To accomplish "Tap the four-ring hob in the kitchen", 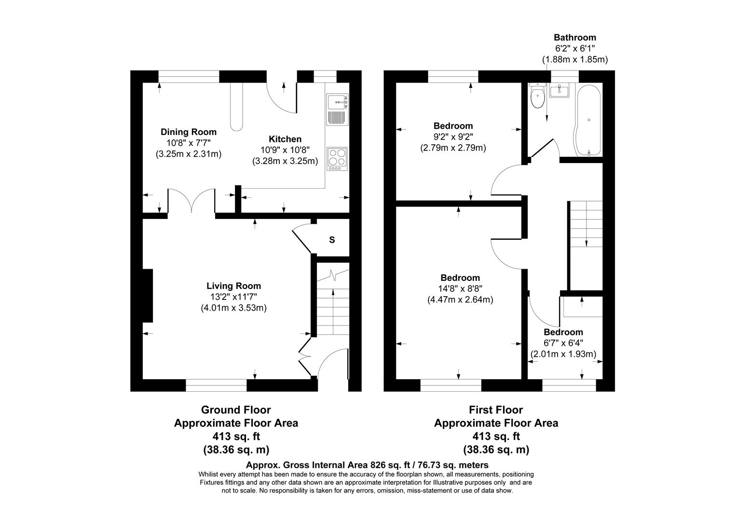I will pos(337,158).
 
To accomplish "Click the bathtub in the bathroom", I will pos(587,121).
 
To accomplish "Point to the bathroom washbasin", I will pos(560,90).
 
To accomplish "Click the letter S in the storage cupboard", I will pos(332,240).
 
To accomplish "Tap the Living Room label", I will pos(233,286).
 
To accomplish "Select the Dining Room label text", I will pos(188,132).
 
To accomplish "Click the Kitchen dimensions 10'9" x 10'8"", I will pos(285,150).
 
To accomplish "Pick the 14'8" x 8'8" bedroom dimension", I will pos(460,288).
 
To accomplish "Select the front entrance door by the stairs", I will pos(332,363).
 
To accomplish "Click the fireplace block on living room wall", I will pos(148,295).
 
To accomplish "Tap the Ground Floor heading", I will pos(236,410).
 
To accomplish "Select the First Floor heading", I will pos(496,410).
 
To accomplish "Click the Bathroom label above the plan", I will pos(574,37).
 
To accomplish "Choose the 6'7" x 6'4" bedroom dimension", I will pos(563,343).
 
